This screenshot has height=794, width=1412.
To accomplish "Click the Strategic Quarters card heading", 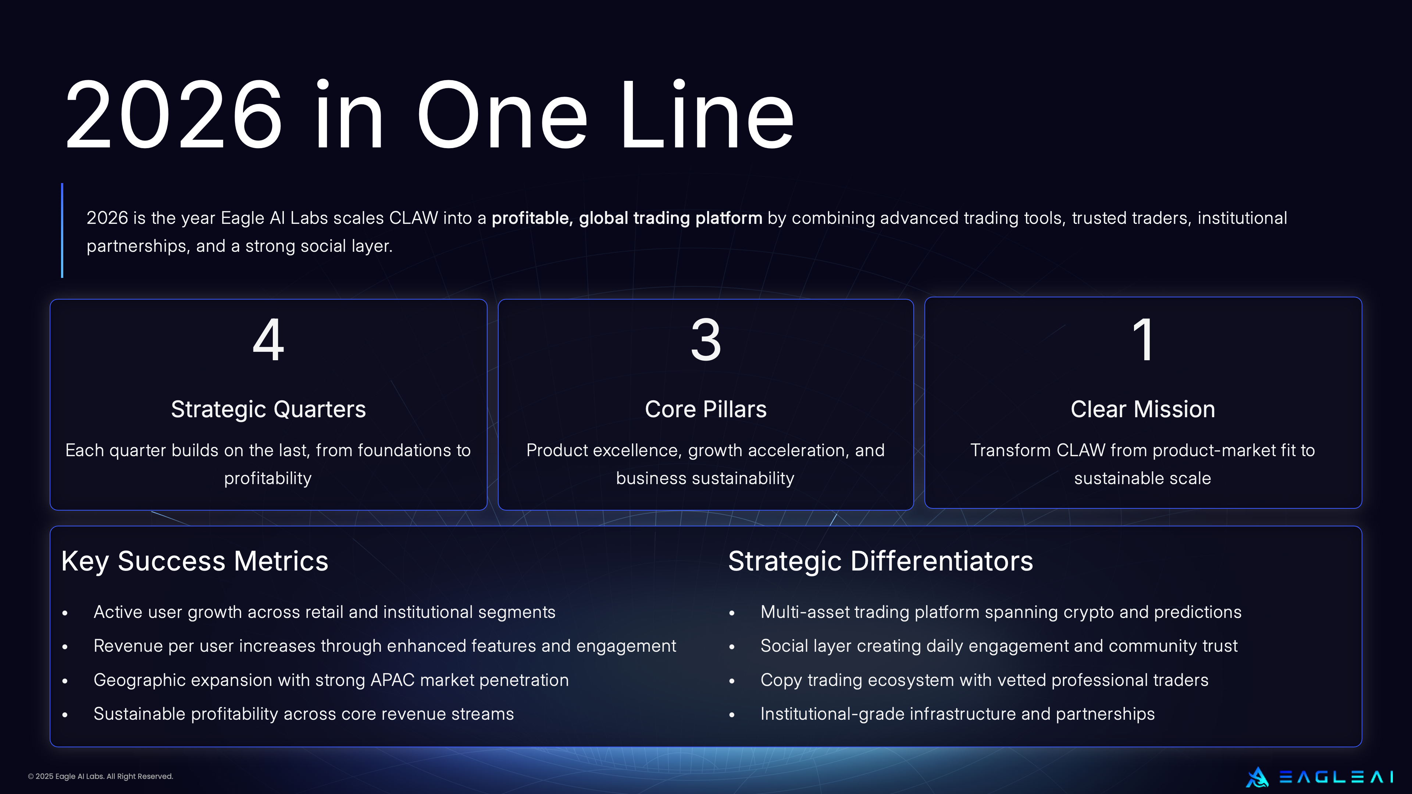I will coord(268,409).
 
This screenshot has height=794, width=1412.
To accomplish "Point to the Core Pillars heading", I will coord(706,409).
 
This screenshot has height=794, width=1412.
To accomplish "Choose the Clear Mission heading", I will coord(1143,409).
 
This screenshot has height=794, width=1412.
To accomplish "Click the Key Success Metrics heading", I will coord(195,561).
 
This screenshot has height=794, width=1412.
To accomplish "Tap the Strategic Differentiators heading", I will coord(880,561).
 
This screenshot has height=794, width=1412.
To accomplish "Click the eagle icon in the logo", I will coord(1257,777).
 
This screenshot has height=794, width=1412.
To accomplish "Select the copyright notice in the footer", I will coord(100,776).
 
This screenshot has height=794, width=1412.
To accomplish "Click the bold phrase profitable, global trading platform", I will coord(627,218).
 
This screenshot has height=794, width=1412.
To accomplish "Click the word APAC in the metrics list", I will coord(392,680).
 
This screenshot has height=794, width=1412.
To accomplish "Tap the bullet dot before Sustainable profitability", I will coord(65,715).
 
